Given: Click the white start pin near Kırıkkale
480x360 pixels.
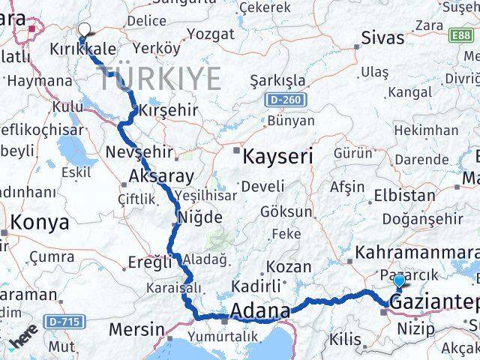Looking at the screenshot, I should [83, 31].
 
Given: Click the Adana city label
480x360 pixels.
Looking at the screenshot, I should [261, 310].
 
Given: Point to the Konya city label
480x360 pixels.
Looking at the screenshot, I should [41, 223].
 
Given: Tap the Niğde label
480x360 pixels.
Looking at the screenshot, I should [199, 217].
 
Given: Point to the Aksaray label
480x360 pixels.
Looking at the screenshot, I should [155, 176].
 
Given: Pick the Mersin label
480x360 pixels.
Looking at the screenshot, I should [136, 328].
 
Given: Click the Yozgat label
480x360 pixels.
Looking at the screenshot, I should [210, 34].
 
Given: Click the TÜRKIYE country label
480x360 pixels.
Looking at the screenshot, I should [163, 78].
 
